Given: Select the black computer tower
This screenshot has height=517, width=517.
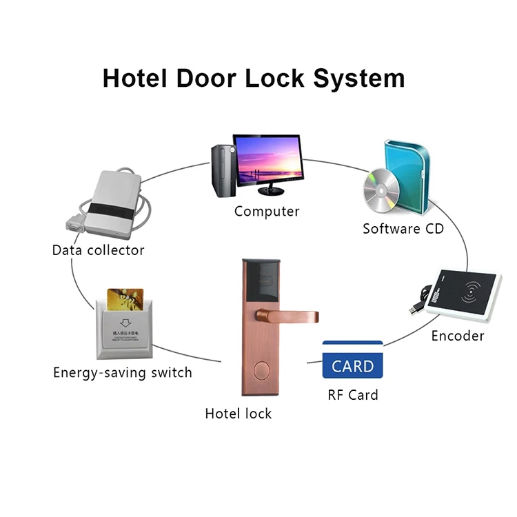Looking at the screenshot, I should [x=221, y=168].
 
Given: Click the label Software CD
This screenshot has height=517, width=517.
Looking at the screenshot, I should [x=403, y=228].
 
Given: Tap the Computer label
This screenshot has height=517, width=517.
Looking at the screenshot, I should [x=267, y=212].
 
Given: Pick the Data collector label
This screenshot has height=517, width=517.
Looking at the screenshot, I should [x=99, y=250].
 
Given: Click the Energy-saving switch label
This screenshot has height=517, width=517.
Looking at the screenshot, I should [x=123, y=373].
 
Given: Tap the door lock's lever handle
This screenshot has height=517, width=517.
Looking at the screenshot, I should [x=290, y=316].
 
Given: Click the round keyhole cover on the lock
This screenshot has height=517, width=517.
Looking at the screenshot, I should [x=260, y=369].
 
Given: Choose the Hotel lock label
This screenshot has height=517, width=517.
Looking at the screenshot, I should [x=239, y=414].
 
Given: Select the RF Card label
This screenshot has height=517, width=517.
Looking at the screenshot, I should [x=353, y=396].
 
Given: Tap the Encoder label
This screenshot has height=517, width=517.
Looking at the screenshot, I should [x=458, y=336].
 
